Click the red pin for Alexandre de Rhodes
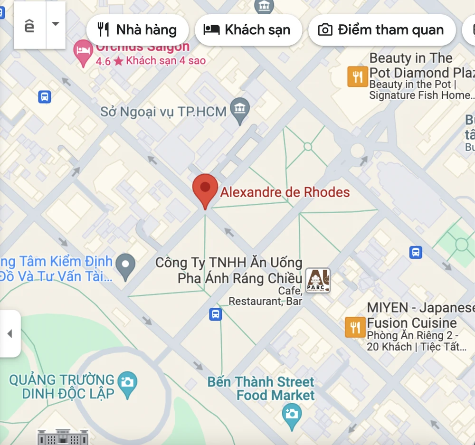click(x=205, y=188)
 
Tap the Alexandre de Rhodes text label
click(x=285, y=192)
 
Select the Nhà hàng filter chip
click(x=137, y=30)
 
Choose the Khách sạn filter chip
click(x=248, y=30)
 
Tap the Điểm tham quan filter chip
click(x=381, y=30)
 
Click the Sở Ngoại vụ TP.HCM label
click(x=163, y=112)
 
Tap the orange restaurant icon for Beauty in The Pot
click(x=358, y=76)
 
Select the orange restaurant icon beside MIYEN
click(x=355, y=327)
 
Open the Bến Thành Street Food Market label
click(x=261, y=388)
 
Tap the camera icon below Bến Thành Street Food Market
click(x=292, y=414)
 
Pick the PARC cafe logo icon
click(x=317, y=280)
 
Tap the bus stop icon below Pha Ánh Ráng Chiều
click(x=216, y=314)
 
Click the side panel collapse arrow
click(x=9, y=333)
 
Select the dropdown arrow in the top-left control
click(x=56, y=24)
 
